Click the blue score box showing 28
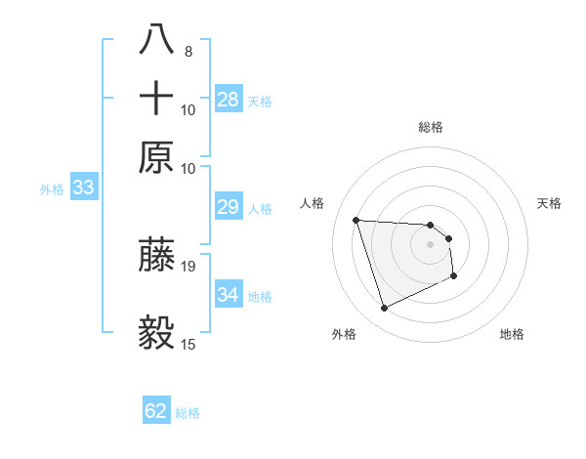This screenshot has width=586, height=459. tap(229, 100)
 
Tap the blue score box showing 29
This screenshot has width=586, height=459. tap(229, 207)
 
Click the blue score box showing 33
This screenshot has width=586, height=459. tap(82, 188)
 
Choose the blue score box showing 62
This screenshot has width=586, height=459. tap(156, 411)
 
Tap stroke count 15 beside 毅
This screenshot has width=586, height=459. tap(188, 344)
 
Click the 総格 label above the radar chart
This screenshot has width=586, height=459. tap(430, 127)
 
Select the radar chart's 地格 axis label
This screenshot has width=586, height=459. tap(512, 334)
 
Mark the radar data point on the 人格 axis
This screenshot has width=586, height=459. tap(356, 220)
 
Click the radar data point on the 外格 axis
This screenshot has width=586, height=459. tap(384, 309)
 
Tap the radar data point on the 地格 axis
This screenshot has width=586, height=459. tap(455, 277)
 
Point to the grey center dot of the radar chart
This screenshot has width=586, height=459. tap(430, 244)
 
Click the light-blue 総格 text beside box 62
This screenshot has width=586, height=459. tap(188, 413)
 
